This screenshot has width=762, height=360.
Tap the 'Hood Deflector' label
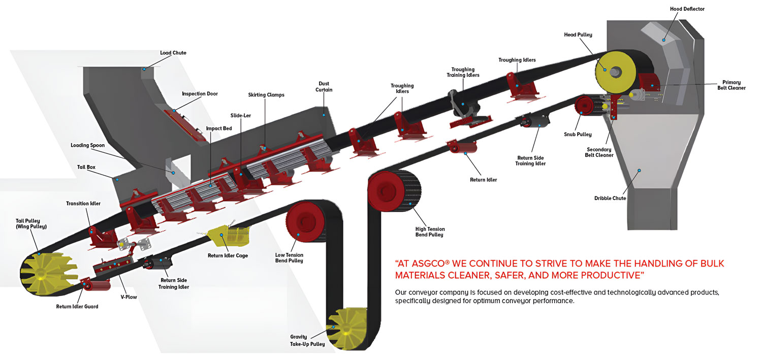687,9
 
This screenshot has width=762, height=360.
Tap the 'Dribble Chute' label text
610,198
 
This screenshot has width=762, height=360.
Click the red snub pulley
586,107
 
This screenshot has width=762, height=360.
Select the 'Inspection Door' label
200,93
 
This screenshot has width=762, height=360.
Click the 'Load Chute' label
173,53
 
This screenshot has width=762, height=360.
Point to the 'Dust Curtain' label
324,87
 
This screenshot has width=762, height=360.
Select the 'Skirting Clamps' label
266,95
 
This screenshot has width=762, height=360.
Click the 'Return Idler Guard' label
77,306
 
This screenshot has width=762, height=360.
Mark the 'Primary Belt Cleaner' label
731,85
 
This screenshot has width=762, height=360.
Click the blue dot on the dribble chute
639,170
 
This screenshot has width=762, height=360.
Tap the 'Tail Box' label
86,167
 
